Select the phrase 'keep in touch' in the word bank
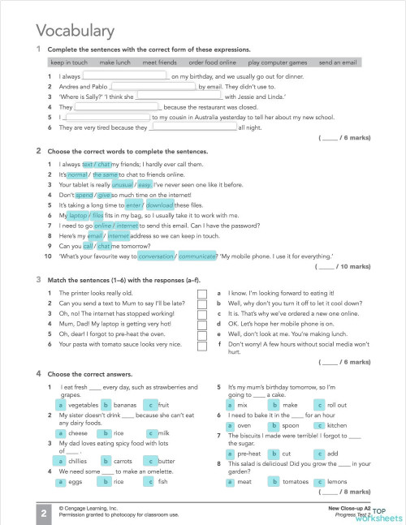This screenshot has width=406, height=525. click(68, 62)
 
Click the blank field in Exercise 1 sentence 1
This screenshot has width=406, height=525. click(120, 76)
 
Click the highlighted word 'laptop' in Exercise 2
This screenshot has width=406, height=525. click(78, 216)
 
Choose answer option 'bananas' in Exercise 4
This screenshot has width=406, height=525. click(124, 404)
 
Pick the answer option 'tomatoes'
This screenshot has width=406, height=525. click(293, 481)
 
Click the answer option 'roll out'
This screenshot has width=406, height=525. click(336, 404)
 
